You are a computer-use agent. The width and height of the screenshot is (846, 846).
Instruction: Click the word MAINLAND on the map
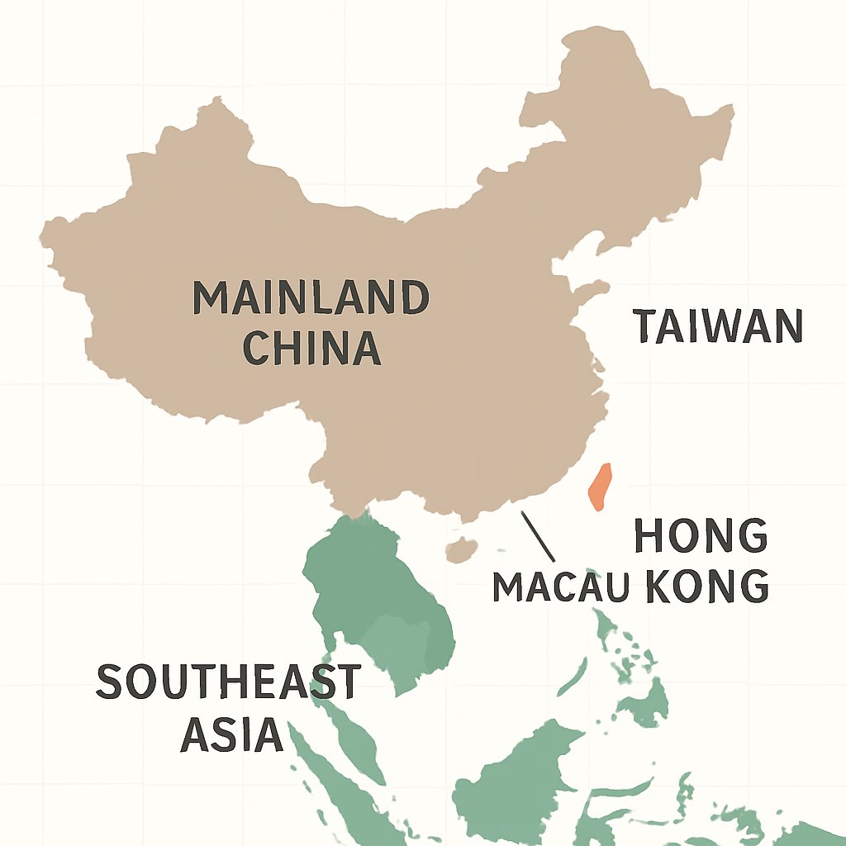click(x=311, y=298)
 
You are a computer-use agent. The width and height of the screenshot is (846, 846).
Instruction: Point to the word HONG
click(x=701, y=538)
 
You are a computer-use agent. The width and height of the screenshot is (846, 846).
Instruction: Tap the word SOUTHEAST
click(x=228, y=682)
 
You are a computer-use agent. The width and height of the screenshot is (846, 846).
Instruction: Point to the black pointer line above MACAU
click(x=536, y=537)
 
